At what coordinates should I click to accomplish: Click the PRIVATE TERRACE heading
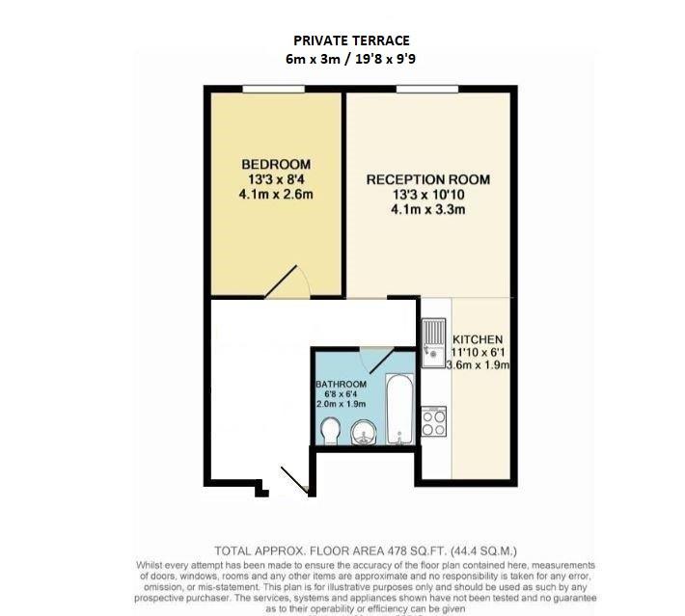pos(351,40)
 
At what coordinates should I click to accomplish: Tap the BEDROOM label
pos(276,164)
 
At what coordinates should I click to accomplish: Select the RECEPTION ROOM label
pos(428,179)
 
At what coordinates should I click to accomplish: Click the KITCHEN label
pos(478,339)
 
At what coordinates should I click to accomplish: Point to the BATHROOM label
pos(342,385)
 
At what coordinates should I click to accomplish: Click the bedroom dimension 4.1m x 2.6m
pos(276,194)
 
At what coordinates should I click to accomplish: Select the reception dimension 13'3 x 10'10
pos(428,195)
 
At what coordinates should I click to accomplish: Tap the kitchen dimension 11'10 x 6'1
pos(478,352)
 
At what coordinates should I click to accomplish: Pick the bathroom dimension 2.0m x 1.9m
pos(342,404)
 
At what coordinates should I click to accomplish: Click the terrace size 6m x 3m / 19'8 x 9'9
pos(351,59)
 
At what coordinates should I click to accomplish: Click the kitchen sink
pos(433,342)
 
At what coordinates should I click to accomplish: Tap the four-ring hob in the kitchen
pos(434,421)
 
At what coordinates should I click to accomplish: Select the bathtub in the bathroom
pos(399,409)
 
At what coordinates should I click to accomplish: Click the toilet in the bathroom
pos(330,431)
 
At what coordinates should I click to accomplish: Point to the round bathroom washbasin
pos(364,432)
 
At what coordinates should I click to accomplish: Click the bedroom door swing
pos(288,282)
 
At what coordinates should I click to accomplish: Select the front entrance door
pos(295,481)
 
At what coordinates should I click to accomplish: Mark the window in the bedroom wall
pos(273,89)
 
